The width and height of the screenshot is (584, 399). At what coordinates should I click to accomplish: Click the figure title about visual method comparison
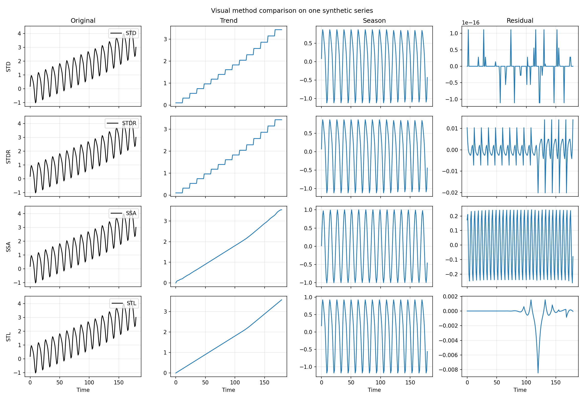point(292,10)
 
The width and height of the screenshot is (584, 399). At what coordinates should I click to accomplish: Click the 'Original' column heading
point(83,20)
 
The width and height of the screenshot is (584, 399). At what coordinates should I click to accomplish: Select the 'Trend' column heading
point(228,20)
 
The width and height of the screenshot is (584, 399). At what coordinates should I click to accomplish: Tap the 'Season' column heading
point(374,20)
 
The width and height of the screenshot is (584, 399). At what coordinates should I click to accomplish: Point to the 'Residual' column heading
point(520,20)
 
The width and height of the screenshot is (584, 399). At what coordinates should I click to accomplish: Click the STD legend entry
point(131,33)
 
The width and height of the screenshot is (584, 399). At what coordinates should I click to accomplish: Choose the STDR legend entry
point(129,123)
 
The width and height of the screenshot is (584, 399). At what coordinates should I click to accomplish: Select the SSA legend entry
point(131,213)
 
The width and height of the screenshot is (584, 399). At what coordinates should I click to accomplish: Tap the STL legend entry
point(131,303)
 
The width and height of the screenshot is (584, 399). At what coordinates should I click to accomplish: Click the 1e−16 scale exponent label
point(471,23)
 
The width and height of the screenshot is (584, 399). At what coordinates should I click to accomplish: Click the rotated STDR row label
point(8,157)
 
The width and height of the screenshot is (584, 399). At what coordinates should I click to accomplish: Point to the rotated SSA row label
point(8,247)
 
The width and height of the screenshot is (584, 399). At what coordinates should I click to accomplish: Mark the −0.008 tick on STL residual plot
point(448,370)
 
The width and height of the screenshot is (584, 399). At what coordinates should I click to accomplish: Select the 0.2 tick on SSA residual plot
point(454,216)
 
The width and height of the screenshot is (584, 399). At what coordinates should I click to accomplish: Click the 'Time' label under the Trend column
point(228,390)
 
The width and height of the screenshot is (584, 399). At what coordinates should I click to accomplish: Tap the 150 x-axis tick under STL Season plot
point(410,382)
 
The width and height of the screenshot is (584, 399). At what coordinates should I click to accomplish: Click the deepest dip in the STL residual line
point(538,373)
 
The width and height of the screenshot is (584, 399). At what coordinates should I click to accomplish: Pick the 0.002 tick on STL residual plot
point(450,296)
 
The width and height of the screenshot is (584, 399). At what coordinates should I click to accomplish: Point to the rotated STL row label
point(8,337)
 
